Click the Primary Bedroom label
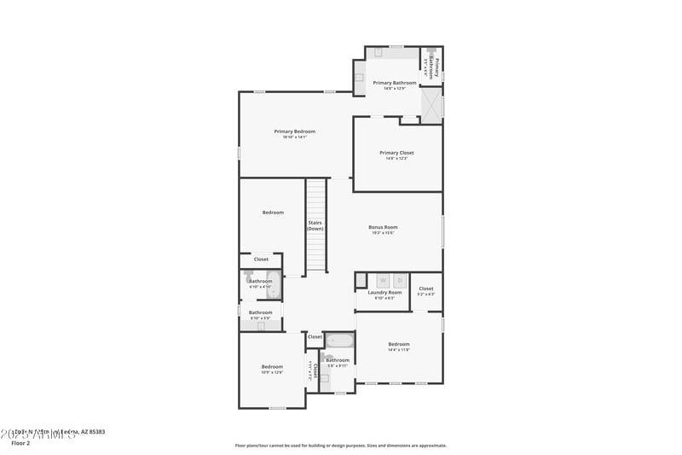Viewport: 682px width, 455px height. pyautogui.click(x=294, y=131)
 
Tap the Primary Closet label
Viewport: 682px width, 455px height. pyautogui.click(x=396, y=153)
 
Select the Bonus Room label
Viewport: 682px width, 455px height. pyautogui.click(x=383, y=227)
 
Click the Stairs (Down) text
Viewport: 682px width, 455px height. pyautogui.click(x=315, y=225)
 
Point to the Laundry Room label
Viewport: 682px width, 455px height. pyautogui.click(x=384, y=293)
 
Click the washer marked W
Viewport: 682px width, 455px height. pyautogui.click(x=383, y=280)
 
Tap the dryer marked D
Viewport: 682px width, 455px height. pyautogui.click(x=399, y=280)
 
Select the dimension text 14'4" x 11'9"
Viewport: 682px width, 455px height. pyautogui.click(x=399, y=350)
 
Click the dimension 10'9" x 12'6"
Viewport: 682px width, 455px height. pyautogui.click(x=272, y=372)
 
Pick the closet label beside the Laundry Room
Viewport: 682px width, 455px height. pyautogui.click(x=426, y=289)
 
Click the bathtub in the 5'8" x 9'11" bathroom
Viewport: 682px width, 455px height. pyautogui.click(x=339, y=341)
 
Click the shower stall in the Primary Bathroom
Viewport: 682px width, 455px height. pyautogui.click(x=431, y=106)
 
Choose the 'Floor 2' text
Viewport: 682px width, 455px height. pyautogui.click(x=21, y=443)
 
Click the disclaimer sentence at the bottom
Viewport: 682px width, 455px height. pyautogui.click(x=340, y=445)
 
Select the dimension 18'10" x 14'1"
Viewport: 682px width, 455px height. pyautogui.click(x=294, y=137)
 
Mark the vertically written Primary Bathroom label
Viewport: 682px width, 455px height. pyautogui.click(x=436, y=67)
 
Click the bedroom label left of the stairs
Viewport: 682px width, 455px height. pyautogui.click(x=273, y=213)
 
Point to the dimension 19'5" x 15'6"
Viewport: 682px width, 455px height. pyautogui.click(x=383, y=233)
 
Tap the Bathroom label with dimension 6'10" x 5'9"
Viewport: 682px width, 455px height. pyautogui.click(x=260, y=312)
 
